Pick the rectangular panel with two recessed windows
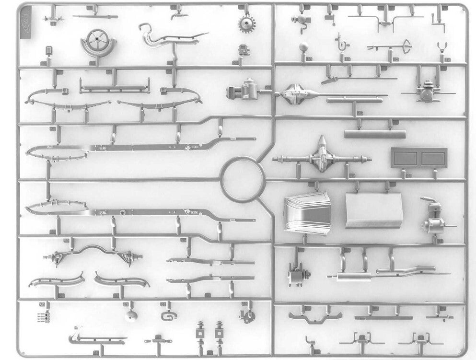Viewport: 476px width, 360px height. coord(418,157)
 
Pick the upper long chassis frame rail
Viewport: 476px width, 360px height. coord(139,147)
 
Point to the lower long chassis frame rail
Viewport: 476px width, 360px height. coord(139,211)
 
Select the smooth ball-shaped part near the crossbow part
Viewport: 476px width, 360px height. coord(304,48)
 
